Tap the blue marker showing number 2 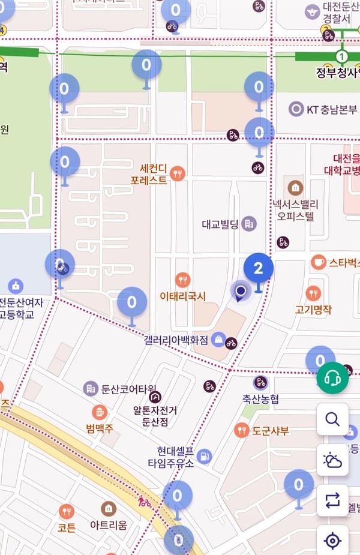point(259,268)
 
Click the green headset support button point(332,378)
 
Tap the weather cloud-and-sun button point(332,460)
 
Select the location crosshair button point(332,541)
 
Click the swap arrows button point(332,500)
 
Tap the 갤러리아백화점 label point(176,340)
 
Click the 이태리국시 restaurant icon point(183,280)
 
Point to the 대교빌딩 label point(220,224)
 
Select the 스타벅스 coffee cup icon point(318,262)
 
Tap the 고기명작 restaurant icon point(313,293)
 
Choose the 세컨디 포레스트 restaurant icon point(177,174)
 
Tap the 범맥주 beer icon point(100,412)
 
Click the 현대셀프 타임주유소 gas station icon point(204,456)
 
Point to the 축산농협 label point(260,398)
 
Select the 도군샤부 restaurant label point(271,431)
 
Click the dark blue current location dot point(241,292)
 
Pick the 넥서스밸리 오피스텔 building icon point(295,188)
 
